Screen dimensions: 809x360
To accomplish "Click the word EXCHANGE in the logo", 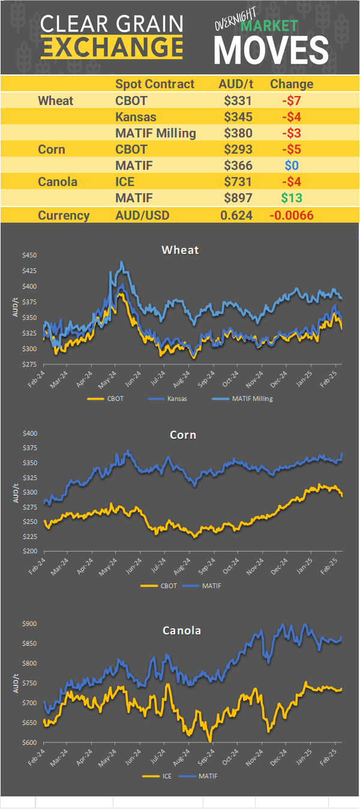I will click(112, 46).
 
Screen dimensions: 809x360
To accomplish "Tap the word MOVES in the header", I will click(271, 50).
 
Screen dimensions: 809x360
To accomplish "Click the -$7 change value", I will click(292, 101).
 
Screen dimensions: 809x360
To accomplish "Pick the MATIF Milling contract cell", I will click(155, 133).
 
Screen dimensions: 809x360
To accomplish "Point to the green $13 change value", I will click(292, 198).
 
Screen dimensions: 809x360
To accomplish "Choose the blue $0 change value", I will click(292, 166).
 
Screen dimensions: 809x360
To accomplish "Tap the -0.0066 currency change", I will click(292, 215).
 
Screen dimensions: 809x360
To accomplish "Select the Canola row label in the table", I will click(58, 182).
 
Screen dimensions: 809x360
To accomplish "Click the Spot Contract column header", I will click(155, 84).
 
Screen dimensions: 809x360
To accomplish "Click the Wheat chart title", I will click(180, 250).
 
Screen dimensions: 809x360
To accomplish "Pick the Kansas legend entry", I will click(173, 398).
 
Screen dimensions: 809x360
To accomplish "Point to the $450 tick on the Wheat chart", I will click(29, 255).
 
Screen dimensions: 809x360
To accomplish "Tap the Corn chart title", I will click(182, 435).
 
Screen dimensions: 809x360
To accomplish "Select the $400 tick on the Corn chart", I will click(29, 433).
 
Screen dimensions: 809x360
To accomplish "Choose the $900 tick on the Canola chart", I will click(29, 624).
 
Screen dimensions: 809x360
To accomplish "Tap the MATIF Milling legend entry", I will click(251, 398).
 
